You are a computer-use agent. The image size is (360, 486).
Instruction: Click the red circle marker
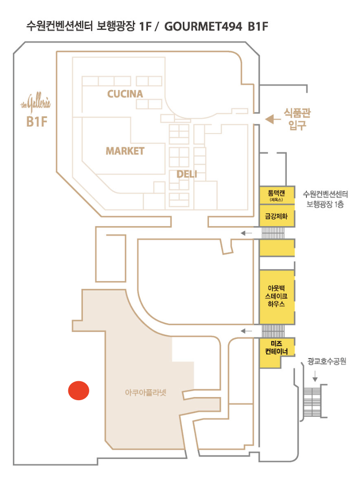pyautogui.click(x=78, y=390)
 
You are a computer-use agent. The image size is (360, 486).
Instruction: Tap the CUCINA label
pyautogui.click(x=125, y=94)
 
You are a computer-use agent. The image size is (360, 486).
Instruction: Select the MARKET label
pyautogui.click(x=125, y=151)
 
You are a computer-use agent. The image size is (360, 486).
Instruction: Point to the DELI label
pyautogui.click(x=187, y=174)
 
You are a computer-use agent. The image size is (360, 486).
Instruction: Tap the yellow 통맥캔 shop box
pyautogui.click(x=276, y=194)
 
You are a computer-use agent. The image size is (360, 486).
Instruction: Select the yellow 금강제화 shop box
pyautogui.click(x=276, y=217)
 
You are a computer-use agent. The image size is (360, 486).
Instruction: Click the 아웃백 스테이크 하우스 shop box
pyautogui.click(x=276, y=296)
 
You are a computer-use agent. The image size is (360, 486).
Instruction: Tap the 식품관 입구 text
pyautogui.click(x=297, y=119)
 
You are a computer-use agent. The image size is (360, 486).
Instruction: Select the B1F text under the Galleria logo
pyautogui.click(x=36, y=122)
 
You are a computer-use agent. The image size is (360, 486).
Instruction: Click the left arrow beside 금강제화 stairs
pyautogui.click(x=246, y=233)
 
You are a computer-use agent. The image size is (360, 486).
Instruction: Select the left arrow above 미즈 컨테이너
pyautogui.click(x=246, y=330)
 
